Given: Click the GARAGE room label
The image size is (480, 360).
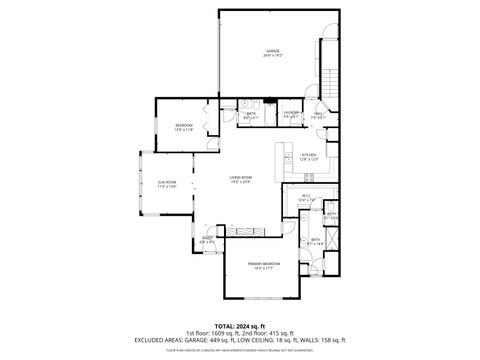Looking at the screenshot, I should pyautogui.click(x=272, y=52).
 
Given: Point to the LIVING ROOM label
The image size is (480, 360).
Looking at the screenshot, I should pyautogui.click(x=241, y=179).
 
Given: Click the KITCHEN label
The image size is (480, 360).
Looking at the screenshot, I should pyautogui.click(x=309, y=156).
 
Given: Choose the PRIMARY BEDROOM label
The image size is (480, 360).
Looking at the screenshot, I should pyautogui.click(x=265, y=265).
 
